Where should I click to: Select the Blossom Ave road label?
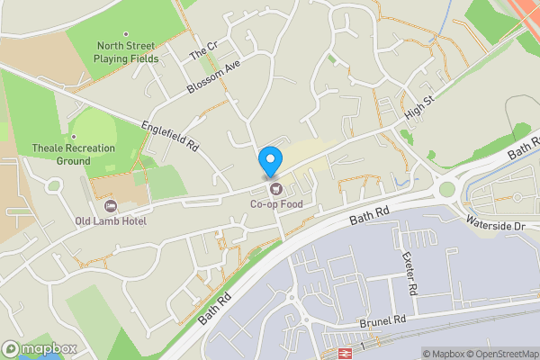pyautogui.click(x=214, y=78)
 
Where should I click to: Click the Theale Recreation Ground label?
pyautogui.click(x=73, y=154)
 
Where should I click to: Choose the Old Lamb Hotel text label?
pyautogui.click(x=112, y=220)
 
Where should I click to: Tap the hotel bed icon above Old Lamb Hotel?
pyautogui.click(x=112, y=205)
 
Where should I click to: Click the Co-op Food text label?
pyautogui.click(x=276, y=204)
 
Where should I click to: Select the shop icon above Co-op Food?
pyautogui.click(x=276, y=189)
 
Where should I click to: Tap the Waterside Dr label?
pyautogui.click(x=495, y=223)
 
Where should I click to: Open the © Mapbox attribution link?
pyautogui.click(x=443, y=353)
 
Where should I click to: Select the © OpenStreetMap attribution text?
pyautogui.click(x=502, y=353)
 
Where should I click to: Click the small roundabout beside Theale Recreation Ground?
pyautogui.click(x=53, y=184)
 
